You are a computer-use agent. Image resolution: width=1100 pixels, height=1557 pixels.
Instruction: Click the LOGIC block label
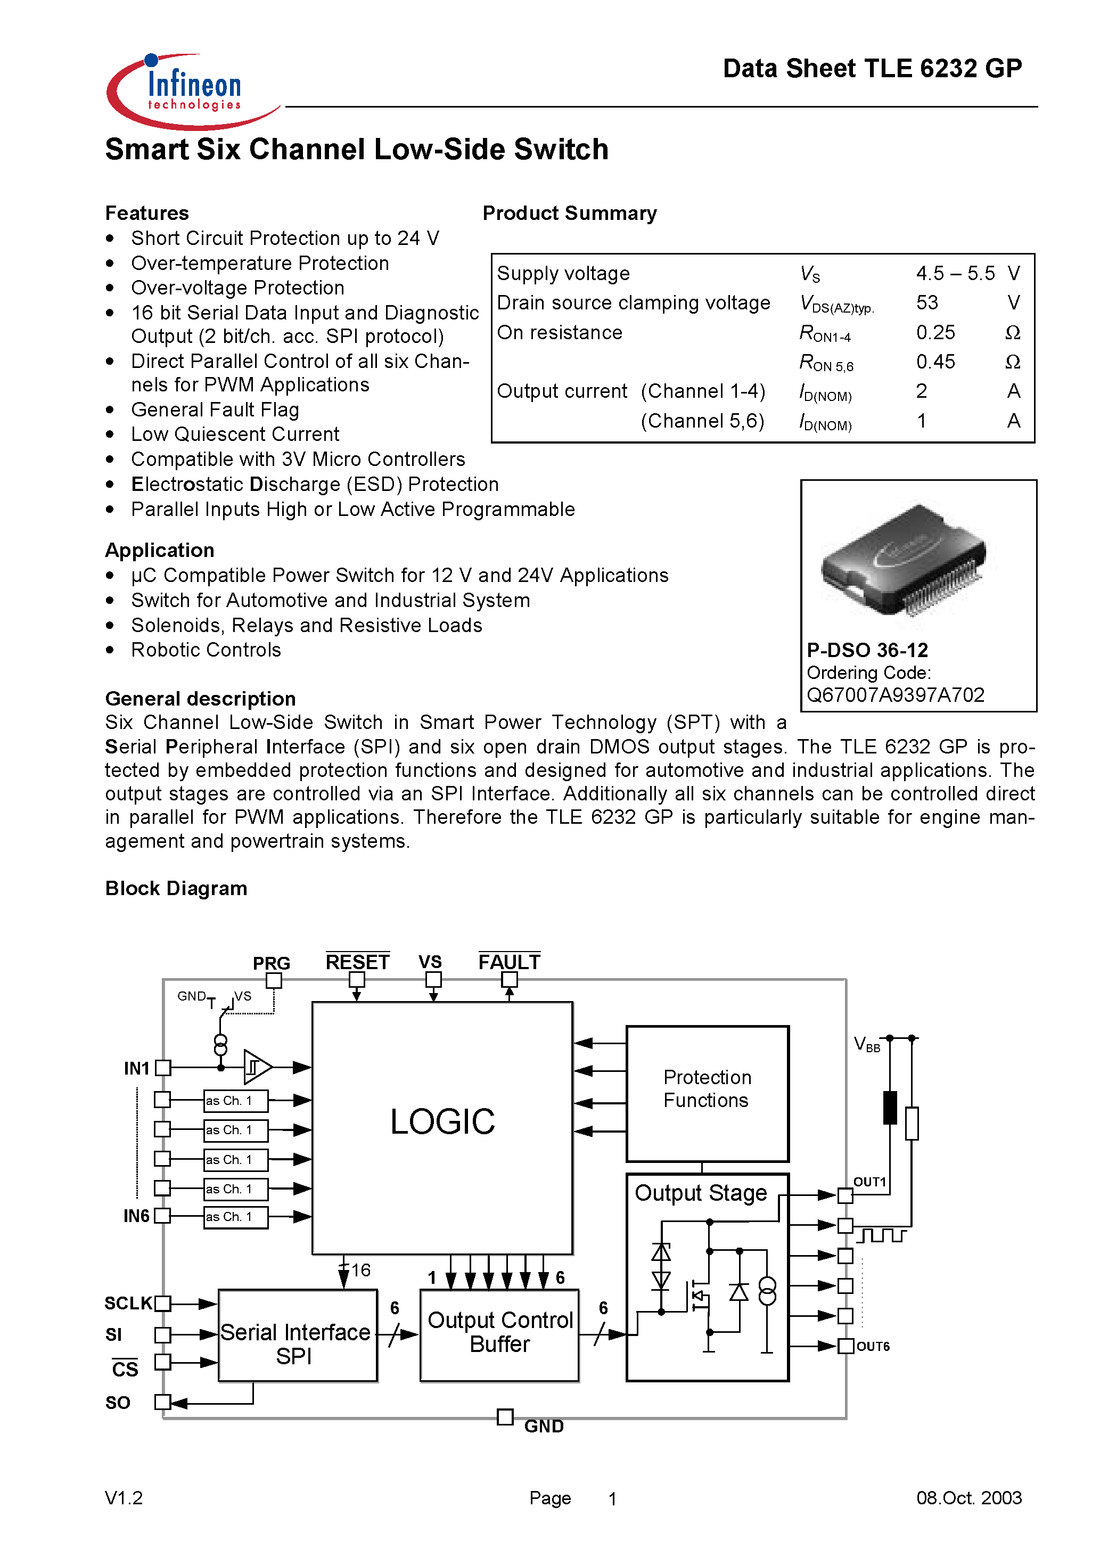click(442, 1121)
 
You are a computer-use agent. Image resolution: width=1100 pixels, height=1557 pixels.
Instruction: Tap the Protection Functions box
click(707, 1093)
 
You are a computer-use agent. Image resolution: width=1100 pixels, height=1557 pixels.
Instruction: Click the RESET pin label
click(357, 962)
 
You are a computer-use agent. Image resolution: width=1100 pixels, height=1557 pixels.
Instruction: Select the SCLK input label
click(127, 1302)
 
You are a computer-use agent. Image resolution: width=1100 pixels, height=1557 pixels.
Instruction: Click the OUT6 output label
click(872, 1346)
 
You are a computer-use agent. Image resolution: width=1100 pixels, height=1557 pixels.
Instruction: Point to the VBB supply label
click(866, 1044)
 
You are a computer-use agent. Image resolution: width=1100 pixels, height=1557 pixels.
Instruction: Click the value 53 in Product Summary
click(926, 302)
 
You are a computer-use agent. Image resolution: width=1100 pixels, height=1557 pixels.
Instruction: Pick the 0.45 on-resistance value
click(935, 362)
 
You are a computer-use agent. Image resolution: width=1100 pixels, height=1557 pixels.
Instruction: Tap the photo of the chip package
click(904, 560)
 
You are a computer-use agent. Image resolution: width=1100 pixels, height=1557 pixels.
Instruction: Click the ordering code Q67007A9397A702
click(895, 695)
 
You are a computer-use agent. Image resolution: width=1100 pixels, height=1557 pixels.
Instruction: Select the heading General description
click(200, 699)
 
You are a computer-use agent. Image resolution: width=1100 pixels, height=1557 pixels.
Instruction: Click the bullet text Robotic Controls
click(206, 650)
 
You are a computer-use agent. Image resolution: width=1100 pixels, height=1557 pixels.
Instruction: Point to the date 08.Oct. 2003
click(968, 1497)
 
